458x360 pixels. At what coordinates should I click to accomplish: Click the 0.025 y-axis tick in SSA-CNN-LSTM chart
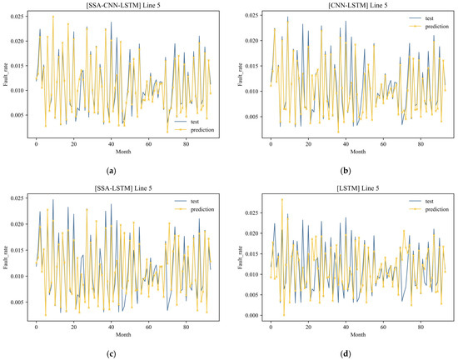pyautogui.click(x=19, y=14)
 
